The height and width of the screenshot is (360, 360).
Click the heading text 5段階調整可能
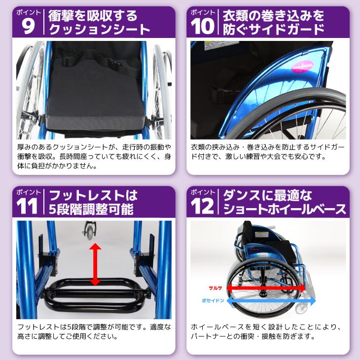(x=91, y=210)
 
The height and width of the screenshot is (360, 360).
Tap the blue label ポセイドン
(x=213, y=299)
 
